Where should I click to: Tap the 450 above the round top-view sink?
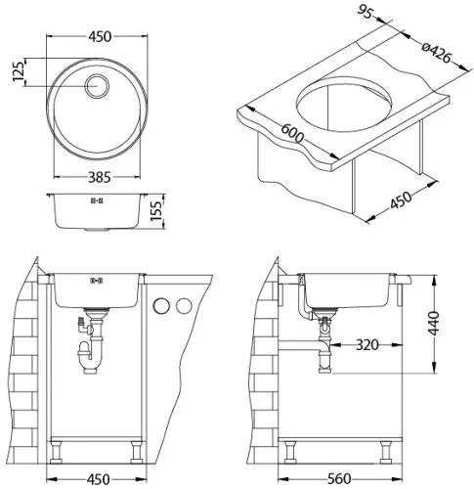(x=97, y=37)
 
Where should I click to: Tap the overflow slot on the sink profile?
(x=97, y=200)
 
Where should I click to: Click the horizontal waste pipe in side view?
(x=298, y=345)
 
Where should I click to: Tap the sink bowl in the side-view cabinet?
(x=349, y=289)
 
